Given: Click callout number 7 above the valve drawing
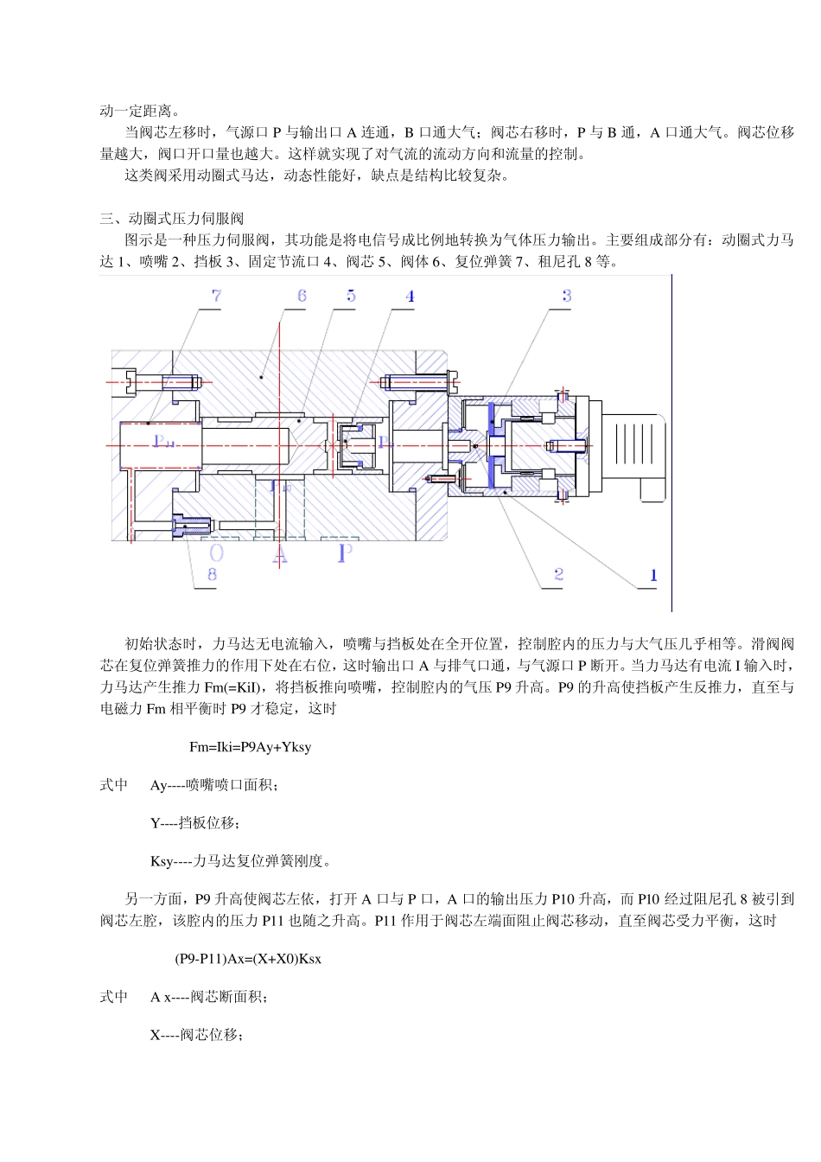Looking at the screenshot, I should (x=216, y=296).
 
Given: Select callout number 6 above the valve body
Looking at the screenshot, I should (x=302, y=296).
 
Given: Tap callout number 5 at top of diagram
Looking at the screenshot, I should (x=351, y=296).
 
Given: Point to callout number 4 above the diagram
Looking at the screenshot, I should (x=410, y=297).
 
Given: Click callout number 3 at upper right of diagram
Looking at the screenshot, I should (x=566, y=296).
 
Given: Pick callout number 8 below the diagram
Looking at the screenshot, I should (x=212, y=574).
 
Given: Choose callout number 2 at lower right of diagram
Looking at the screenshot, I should (x=559, y=574).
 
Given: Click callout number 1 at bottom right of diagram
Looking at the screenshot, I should (x=653, y=575).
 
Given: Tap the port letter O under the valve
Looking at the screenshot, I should (x=216, y=553).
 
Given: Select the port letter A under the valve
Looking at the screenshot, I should (x=280, y=553).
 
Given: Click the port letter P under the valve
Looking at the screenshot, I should (x=344, y=553).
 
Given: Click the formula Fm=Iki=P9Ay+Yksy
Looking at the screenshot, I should (x=250, y=747).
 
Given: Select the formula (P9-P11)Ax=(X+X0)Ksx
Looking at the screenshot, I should (x=248, y=959).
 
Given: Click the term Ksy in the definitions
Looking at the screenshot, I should (x=162, y=861).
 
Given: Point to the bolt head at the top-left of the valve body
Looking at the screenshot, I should (x=130, y=380).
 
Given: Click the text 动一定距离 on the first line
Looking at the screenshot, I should (x=139, y=111).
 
